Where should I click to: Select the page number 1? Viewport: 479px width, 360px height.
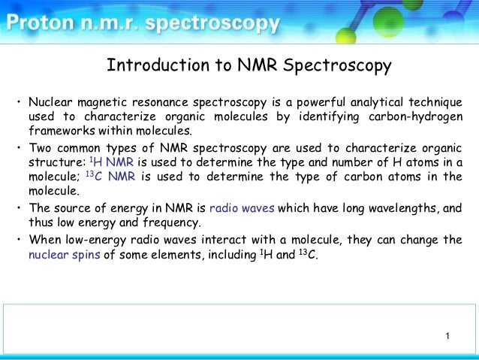[447, 335]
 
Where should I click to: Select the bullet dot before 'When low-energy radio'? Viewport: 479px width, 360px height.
[20, 240]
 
